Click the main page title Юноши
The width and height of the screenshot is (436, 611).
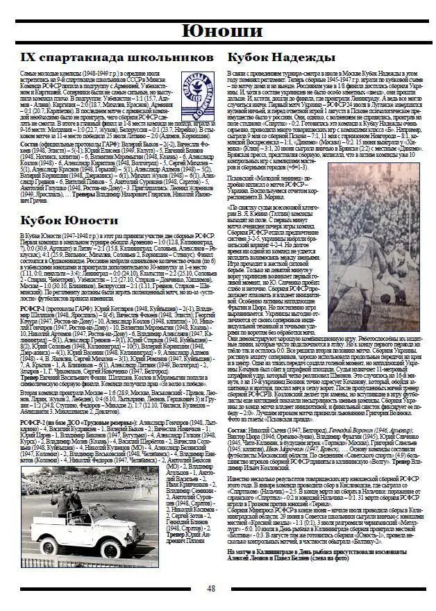coord(218,31)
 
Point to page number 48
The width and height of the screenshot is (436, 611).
coord(211,589)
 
